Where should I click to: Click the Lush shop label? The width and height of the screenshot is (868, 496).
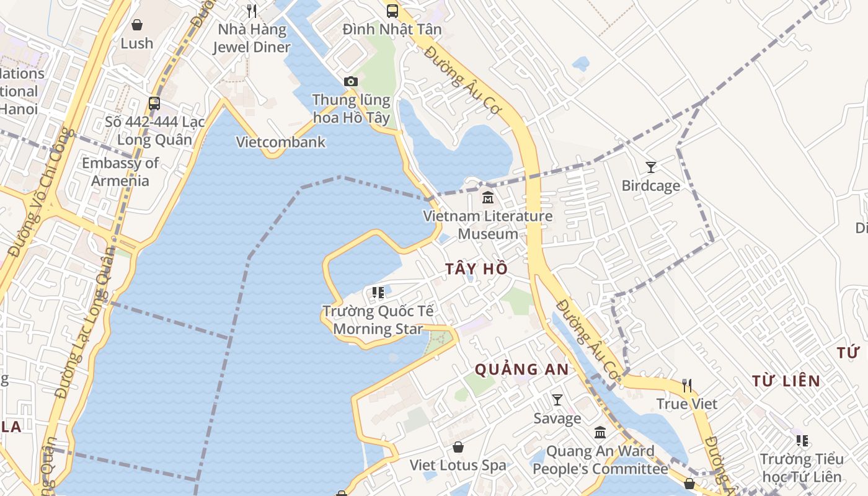coord(136,43)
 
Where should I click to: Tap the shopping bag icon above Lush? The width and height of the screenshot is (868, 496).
coord(136,25)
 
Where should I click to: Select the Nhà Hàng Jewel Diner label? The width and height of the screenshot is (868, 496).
coord(251,38)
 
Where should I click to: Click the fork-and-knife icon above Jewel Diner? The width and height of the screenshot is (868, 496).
coord(251,11)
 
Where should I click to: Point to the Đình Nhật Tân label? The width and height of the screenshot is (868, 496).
coord(392,29)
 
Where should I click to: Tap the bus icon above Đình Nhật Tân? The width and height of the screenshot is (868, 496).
coord(392,11)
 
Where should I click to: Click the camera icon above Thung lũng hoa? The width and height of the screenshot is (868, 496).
coord(350,81)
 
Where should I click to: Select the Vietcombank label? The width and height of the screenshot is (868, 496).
coord(281,142)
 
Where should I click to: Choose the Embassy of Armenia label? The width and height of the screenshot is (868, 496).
coord(120,172)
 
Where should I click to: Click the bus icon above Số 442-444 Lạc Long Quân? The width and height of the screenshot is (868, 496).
coord(154,104)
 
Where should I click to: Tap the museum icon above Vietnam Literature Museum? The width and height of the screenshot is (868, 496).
coord(488,198)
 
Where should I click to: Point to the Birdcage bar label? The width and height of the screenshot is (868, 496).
coord(650,186)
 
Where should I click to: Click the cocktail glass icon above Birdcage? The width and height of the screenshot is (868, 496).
coord(650,167)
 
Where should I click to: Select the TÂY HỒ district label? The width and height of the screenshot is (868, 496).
coord(476,269)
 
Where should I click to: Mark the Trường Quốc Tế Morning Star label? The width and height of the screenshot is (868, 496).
coord(378,320)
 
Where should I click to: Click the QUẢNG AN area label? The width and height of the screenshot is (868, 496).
coord(521,370)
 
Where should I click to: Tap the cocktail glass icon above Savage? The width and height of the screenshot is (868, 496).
coord(557,400)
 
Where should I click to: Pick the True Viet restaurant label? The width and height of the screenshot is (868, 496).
coord(686,404)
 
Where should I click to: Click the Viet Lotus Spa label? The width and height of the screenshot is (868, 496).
coord(458,465)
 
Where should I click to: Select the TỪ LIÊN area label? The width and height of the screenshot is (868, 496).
coord(786,381)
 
